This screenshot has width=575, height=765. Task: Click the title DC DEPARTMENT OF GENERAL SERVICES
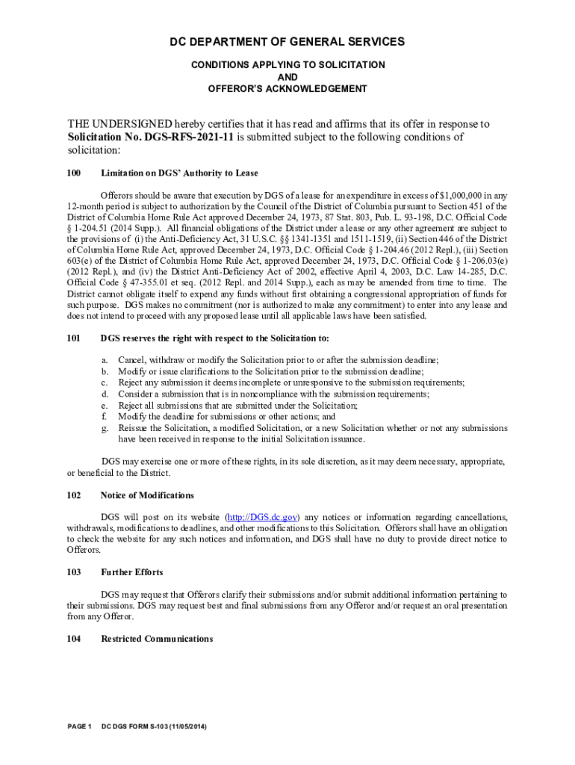287,42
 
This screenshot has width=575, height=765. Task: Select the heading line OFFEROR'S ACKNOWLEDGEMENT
287,89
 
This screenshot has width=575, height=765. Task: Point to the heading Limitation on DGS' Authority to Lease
179,173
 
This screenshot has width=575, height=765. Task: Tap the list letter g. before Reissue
105,428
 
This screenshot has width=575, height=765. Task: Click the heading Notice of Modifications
147,495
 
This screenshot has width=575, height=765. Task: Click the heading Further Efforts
131,572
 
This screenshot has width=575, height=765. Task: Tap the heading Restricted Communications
157,639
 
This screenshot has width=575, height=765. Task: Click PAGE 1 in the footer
79,726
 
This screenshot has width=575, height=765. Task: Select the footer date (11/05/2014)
184,726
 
